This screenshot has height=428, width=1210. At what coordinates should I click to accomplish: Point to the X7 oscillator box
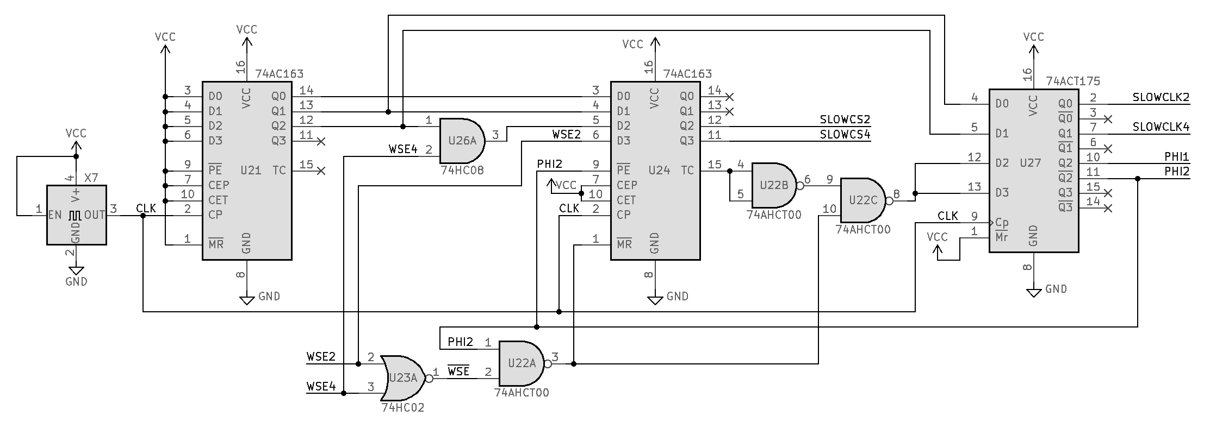(76, 215)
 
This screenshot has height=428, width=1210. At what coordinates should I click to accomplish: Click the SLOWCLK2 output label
(1161, 98)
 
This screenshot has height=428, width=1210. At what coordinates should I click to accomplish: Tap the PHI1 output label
(1176, 157)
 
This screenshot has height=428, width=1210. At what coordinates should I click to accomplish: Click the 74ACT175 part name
(1073, 81)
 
